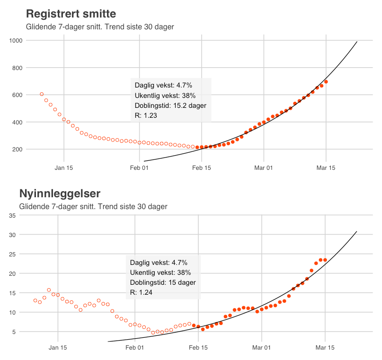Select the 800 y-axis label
[17, 68]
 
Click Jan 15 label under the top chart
[64, 167]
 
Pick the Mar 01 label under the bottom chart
[261, 347]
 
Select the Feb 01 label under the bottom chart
[134, 347]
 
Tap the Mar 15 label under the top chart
[326, 167]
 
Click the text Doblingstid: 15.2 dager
[170, 105]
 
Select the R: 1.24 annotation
[141, 292]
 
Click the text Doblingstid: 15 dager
[163, 282]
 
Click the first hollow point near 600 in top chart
[42, 94]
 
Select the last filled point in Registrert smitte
[326, 82]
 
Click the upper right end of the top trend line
[357, 42]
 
